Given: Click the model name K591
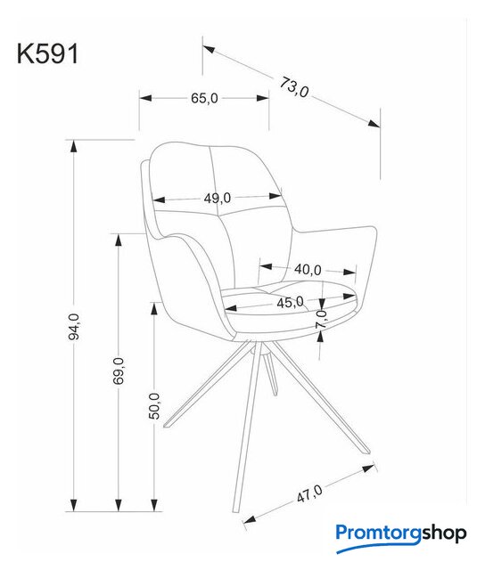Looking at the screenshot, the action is [x=47, y=54].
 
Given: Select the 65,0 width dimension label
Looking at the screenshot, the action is [x=204, y=98].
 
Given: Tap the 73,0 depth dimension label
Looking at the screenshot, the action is [x=294, y=87].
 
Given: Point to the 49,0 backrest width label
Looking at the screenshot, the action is [x=218, y=198].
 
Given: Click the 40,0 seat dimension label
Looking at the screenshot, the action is [x=308, y=270].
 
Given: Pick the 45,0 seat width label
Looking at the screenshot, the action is [x=290, y=302].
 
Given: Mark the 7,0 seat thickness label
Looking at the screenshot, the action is [x=321, y=319].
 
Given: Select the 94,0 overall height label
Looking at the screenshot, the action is [x=74, y=327].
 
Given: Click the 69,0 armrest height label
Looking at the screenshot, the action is [x=119, y=370].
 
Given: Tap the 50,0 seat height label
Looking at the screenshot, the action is [x=154, y=406].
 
